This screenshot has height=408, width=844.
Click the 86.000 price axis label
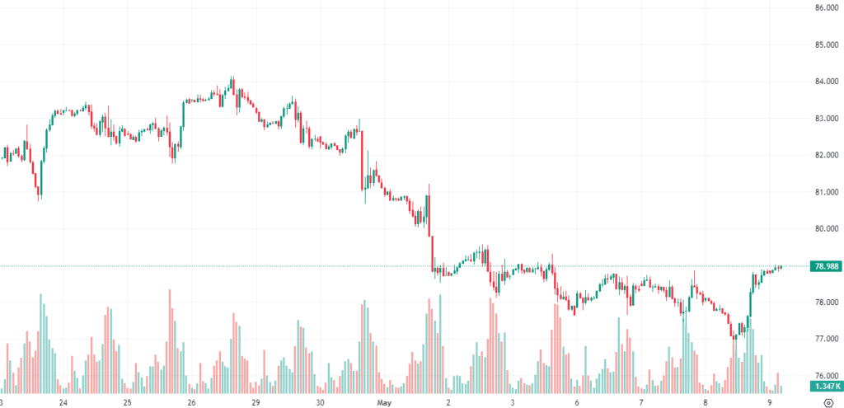825,8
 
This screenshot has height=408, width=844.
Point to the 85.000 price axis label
825,45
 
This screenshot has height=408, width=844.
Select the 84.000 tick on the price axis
825,82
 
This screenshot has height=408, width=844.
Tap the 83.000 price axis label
825,118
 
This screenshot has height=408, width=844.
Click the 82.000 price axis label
825,155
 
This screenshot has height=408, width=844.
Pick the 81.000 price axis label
825,192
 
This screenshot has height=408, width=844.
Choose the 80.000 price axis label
825,228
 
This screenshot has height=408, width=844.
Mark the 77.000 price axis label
825,339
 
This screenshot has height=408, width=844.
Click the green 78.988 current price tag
825,266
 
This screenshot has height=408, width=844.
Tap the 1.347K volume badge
825,386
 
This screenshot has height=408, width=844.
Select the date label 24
63,402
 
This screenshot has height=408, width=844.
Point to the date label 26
191,402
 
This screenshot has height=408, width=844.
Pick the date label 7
641,402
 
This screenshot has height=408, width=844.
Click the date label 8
706,402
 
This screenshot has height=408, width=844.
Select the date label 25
127,402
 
